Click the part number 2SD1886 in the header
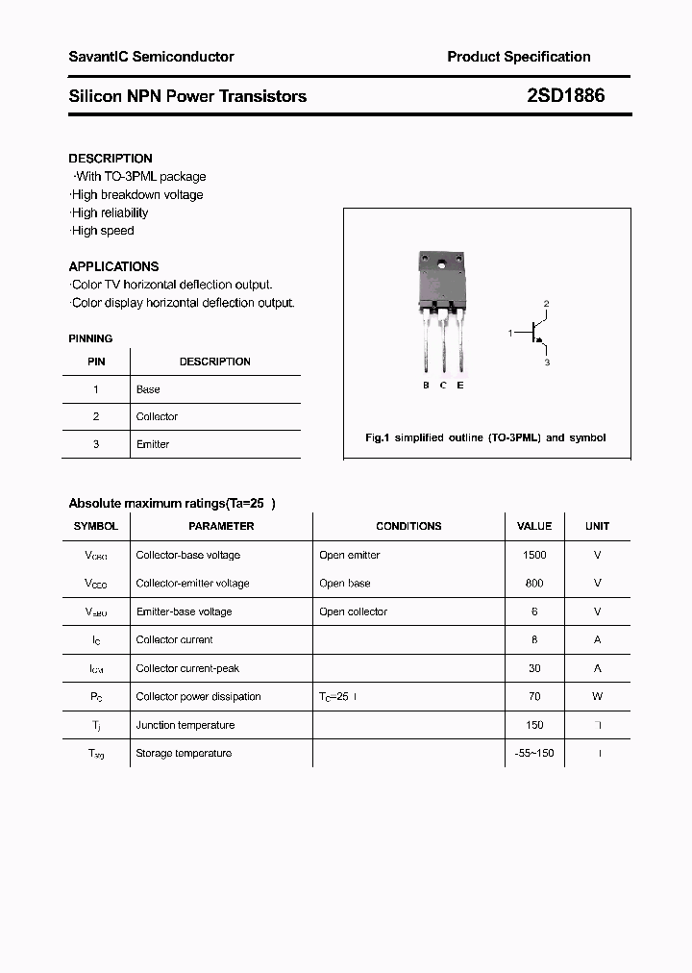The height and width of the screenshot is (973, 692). point(566,96)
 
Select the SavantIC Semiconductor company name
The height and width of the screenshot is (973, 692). point(151,57)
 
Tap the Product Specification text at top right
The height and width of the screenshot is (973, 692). point(518,57)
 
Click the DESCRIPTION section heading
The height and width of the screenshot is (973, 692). point(111,159)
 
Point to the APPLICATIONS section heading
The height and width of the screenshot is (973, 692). point(113,266)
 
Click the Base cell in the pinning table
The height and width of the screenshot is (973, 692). point(148,389)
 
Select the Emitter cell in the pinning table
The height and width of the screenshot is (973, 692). point(153,444)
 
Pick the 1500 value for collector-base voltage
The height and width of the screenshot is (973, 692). point(534,555)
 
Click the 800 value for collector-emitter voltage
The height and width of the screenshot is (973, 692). point(534,583)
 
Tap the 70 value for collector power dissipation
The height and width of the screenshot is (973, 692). point(534,696)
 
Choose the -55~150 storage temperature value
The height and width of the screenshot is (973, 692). point(534,753)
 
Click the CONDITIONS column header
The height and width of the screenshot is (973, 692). point(408,526)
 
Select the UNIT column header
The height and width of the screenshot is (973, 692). point(597,526)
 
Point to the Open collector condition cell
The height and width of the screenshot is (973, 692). point(353,611)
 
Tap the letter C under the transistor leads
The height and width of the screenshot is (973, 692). point(443,386)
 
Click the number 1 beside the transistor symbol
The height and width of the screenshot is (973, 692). point(511,333)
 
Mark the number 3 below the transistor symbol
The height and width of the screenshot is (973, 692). point(546,362)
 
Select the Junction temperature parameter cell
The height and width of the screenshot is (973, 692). point(185,725)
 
